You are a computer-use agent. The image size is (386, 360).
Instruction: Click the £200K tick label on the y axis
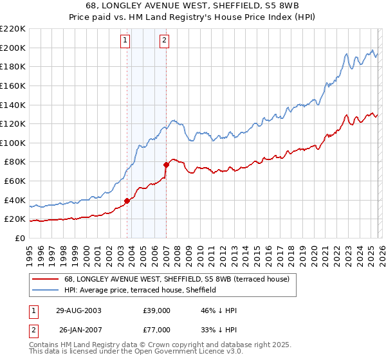[x=13, y=48]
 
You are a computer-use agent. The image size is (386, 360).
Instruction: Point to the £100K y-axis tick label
[x=13, y=143]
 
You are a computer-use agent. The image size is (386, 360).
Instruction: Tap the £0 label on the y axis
[x=20, y=238]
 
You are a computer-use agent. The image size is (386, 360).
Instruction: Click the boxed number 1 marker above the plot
[x=125, y=40]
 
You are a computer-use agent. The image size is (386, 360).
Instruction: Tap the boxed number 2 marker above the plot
[x=165, y=40]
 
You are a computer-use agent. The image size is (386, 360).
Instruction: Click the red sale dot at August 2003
[x=127, y=201]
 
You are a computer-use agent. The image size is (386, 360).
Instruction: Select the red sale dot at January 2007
[x=166, y=165]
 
